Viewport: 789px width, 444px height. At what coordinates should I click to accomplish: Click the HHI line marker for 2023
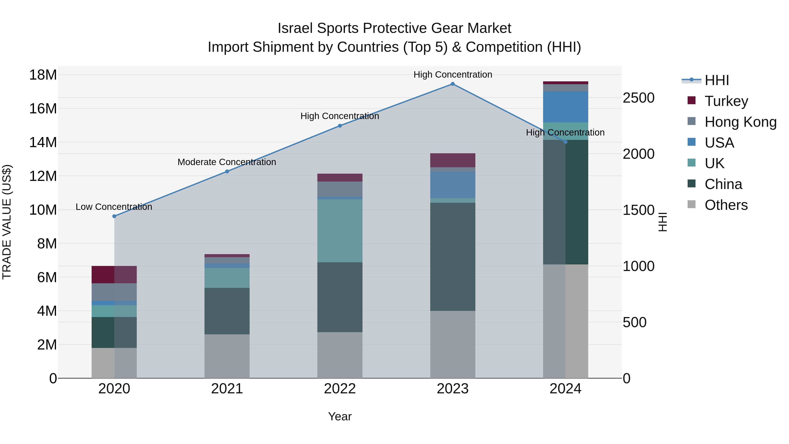[x=452, y=84]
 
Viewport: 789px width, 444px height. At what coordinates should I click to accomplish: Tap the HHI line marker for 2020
[x=114, y=216]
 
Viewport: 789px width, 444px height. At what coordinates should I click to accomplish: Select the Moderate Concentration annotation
[x=227, y=162]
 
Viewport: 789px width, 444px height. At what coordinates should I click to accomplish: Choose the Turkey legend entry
[x=726, y=101]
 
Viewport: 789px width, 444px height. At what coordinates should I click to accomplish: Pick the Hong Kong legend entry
[x=740, y=122]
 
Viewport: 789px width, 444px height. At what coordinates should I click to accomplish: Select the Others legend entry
[x=726, y=205]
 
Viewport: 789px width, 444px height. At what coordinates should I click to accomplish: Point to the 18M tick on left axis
[x=43, y=75]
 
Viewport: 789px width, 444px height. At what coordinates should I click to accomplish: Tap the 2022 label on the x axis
[x=340, y=389]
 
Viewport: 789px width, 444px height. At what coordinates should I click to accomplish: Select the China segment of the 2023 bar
[x=452, y=257]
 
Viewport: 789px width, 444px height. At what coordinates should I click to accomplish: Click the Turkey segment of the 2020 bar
[x=114, y=275]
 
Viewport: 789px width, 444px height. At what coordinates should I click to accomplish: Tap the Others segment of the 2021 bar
[x=227, y=356]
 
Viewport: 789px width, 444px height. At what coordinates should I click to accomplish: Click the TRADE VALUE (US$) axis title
[x=7, y=222]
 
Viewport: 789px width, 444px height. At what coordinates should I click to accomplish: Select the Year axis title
[x=340, y=417]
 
